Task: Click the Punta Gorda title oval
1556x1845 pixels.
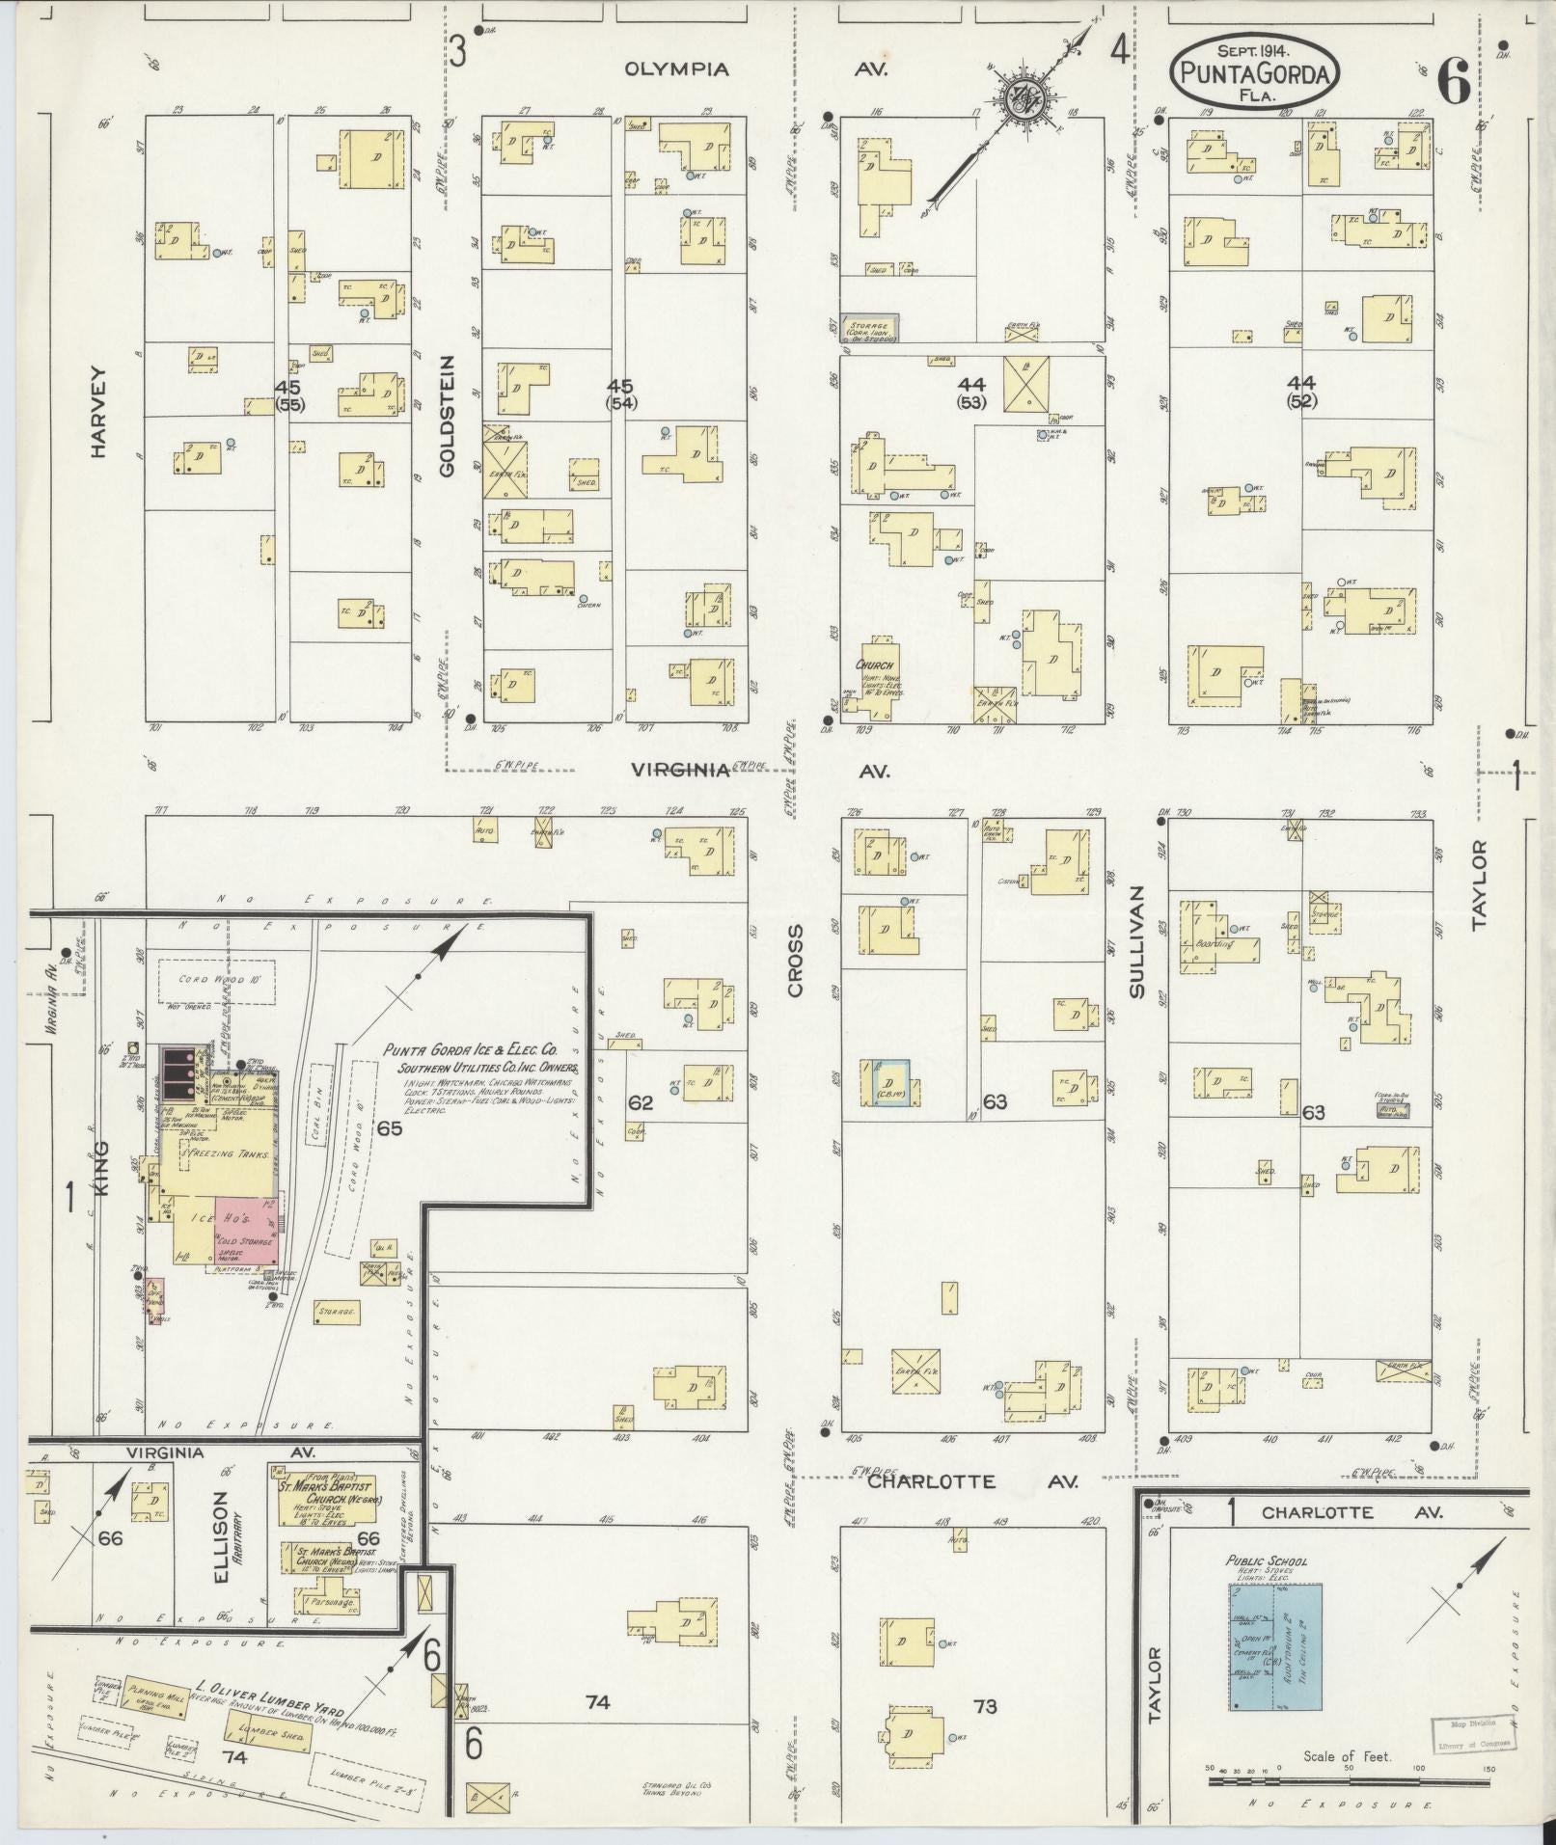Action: tap(1254, 70)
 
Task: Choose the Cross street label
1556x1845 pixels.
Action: tap(795, 961)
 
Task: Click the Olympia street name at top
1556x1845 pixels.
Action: tap(676, 69)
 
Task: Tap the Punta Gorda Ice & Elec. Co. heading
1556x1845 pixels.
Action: tap(479, 1051)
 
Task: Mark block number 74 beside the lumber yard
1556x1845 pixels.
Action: tap(233, 1758)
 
